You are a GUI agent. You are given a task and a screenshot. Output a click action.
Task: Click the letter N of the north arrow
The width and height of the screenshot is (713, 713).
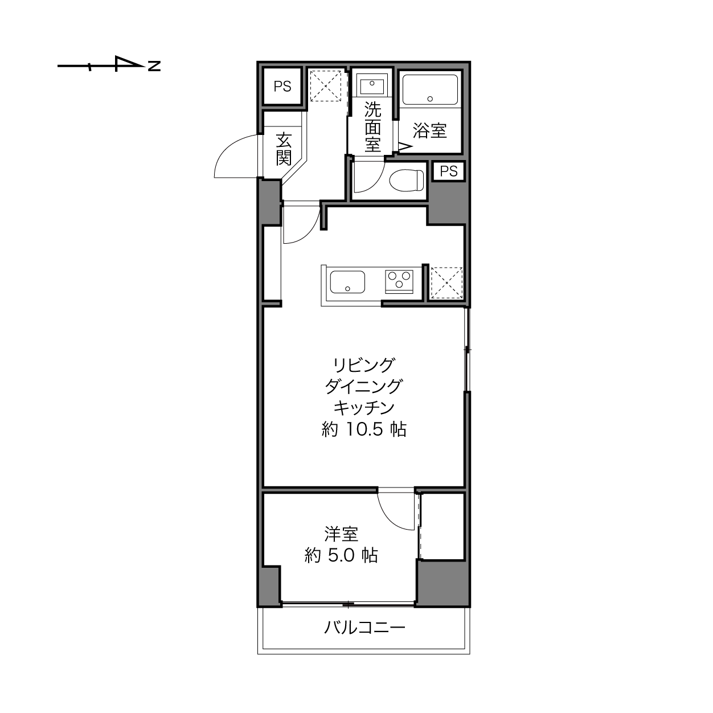[154, 66]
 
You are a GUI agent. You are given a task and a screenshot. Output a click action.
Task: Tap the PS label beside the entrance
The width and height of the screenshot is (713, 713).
[282, 87]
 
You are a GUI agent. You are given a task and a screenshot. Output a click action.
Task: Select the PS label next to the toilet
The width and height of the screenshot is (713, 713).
[448, 171]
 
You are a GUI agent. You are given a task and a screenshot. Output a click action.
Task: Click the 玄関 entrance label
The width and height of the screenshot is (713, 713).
[284, 149]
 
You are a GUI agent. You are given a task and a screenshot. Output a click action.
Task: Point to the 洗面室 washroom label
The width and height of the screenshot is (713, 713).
[372, 126]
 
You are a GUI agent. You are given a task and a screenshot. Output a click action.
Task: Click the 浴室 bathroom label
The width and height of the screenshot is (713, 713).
[429, 130]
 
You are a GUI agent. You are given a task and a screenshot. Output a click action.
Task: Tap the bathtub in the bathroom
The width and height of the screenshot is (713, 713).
[430, 90]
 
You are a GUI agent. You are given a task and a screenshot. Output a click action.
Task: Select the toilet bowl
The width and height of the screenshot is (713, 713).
[407, 181]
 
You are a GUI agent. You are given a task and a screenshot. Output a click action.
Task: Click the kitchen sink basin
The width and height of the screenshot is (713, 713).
[347, 282]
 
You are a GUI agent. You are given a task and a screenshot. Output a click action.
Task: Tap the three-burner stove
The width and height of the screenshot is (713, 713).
[399, 282]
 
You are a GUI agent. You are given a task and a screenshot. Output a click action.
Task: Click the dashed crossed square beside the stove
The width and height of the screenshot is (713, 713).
[446, 283]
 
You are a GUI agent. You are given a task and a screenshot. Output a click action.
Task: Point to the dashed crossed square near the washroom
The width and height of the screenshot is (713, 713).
[326, 86]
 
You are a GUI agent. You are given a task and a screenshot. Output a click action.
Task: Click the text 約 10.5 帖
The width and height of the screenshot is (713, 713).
[364, 429]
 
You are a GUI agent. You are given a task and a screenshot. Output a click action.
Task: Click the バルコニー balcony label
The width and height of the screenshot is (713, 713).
[365, 628]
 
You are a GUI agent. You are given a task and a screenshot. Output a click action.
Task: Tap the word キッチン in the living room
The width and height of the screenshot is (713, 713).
[364, 408]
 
